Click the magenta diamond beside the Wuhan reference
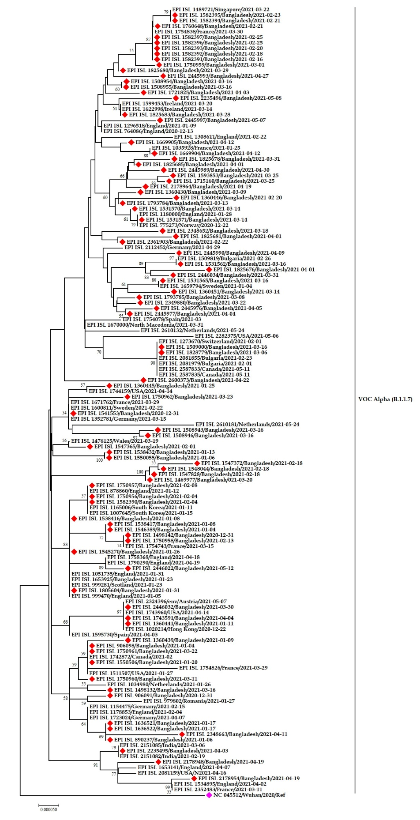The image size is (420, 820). (x=209, y=795)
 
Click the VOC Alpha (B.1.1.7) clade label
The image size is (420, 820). (x=385, y=399)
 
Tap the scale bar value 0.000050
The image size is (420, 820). (x=49, y=809)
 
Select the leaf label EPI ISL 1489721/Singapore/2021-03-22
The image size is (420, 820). (x=220, y=10)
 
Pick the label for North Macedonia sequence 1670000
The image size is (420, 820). (x=145, y=325)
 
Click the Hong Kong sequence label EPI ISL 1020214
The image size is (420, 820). (x=175, y=629)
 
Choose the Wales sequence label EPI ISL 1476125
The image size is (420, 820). (x=114, y=441)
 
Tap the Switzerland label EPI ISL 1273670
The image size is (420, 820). (x=210, y=341)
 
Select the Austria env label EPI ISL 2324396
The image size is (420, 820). (x=176, y=601)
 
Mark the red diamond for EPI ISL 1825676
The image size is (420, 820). (x=209, y=269)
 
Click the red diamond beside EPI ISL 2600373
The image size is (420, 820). (x=143, y=380)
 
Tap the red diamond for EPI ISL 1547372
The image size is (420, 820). (x=197, y=463)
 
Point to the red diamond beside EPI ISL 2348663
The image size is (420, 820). (x=182, y=734)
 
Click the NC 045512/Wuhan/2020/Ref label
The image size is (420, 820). (x=249, y=795)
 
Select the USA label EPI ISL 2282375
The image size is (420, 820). (x=236, y=336)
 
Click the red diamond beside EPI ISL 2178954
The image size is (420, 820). (x=194, y=778)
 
